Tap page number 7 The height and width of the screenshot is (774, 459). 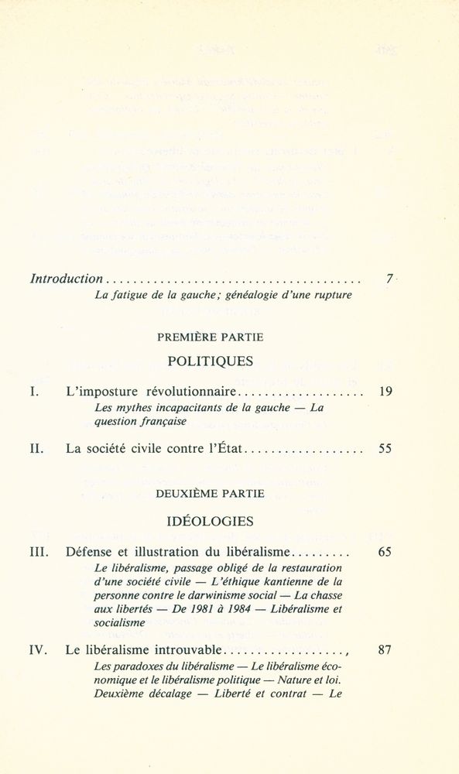click(x=389, y=279)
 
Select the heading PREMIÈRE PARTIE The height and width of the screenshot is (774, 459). click(x=211, y=337)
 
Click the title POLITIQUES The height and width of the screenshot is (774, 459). click(x=210, y=361)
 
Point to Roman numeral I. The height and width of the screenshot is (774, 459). click(x=33, y=392)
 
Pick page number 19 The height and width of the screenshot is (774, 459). click(x=386, y=392)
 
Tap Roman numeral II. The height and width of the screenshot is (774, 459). click(x=36, y=448)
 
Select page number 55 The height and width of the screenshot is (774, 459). click(x=385, y=448)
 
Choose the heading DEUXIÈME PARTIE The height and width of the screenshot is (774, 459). click(x=210, y=493)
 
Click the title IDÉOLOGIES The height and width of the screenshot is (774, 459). click(x=210, y=521)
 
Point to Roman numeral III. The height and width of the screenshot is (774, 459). click(x=39, y=553)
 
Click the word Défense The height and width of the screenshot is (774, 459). click(x=91, y=553)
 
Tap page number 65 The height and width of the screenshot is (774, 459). click(x=385, y=553)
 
